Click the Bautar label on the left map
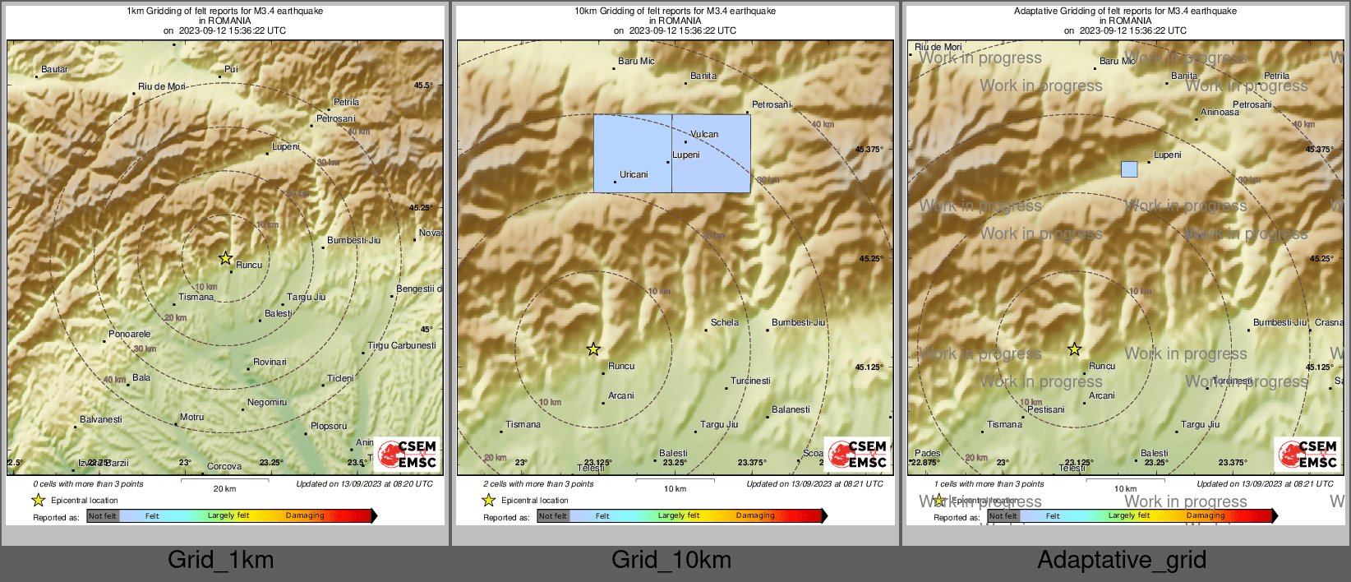pyautogui.click(x=54, y=70)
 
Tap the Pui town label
pyautogui.click(x=231, y=70)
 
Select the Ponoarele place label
pyautogui.click(x=129, y=335)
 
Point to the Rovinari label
pyautogui.click(x=270, y=363)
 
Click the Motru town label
pyautogui.click(x=191, y=418)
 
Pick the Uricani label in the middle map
pyautogui.click(x=634, y=175)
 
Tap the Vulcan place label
pyautogui.click(x=704, y=135)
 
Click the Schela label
pyautogui.click(x=724, y=323)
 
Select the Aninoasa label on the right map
pyautogui.click(x=1220, y=113)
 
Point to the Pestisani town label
pyautogui.click(x=1045, y=410)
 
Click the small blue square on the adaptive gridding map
pyautogui.click(x=1129, y=169)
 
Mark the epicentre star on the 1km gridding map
pyautogui.click(x=225, y=258)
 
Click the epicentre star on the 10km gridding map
pyautogui.click(x=593, y=349)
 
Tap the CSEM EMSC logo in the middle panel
pyautogui.click(x=857, y=455)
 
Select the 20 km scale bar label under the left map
pyautogui.click(x=224, y=489)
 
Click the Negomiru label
pyautogui.click(x=267, y=403)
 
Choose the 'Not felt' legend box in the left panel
pyautogui.click(x=103, y=516)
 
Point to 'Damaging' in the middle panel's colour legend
pyautogui.click(x=754, y=516)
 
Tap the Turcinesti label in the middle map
pyautogui.click(x=750, y=381)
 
